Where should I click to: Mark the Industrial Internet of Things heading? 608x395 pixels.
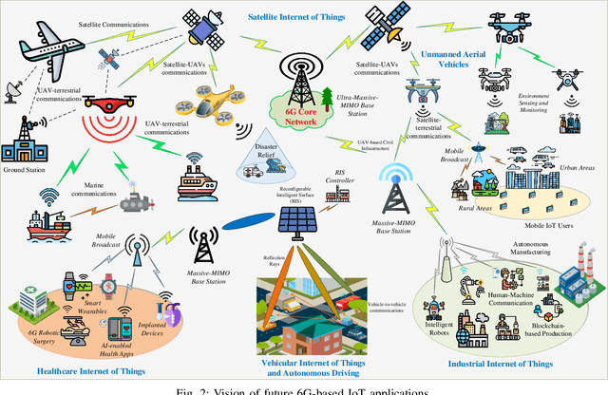coord(502,363)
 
